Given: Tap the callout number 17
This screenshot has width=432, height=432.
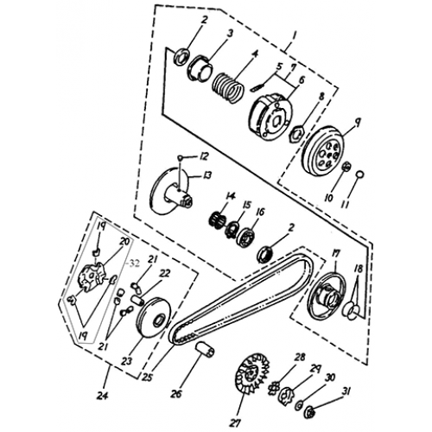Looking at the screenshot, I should (334, 254).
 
